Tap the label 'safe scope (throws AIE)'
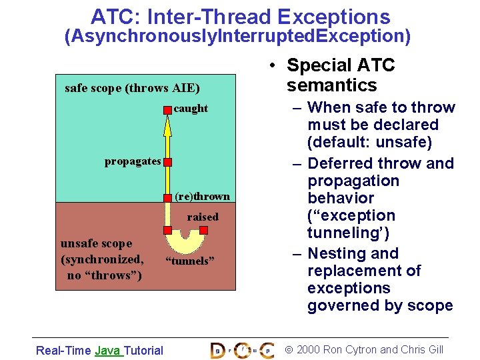tap(132, 88)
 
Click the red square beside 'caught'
tap(167, 109)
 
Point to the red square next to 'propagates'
tap(168, 162)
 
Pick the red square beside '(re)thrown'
tap(168, 197)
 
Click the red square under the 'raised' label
tap(204, 230)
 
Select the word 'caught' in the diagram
tap(191, 109)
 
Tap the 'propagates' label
tap(133, 161)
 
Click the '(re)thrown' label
tap(202, 197)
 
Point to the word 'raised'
tap(203, 217)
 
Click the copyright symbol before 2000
tap(289, 350)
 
